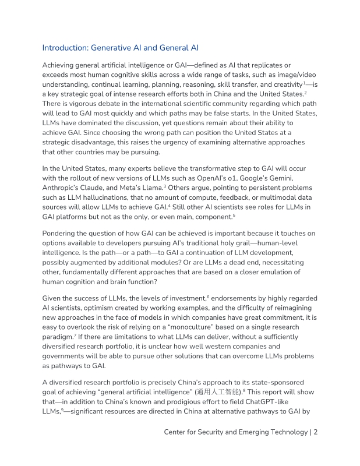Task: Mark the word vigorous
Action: tap(85, 103)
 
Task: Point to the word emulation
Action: tap(280, 272)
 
